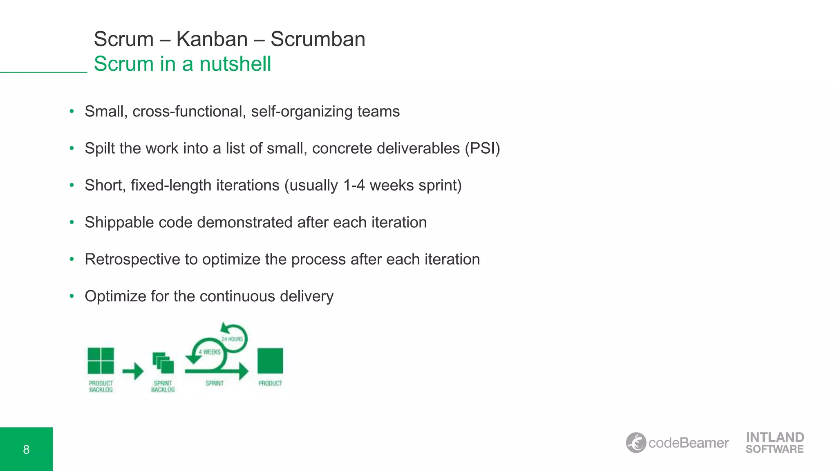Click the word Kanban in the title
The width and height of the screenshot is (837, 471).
[x=212, y=39]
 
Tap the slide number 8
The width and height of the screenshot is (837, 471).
[x=26, y=449]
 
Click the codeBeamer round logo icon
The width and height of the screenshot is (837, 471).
[x=636, y=443]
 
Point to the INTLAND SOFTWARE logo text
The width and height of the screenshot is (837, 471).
[x=774, y=443]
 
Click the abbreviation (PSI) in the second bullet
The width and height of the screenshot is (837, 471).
[x=482, y=148]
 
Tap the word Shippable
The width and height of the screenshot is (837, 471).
[x=119, y=223]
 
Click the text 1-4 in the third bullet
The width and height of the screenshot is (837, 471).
[x=354, y=186]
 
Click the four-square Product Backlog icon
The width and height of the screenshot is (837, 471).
[x=101, y=361]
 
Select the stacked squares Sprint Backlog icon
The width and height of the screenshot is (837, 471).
[x=163, y=363]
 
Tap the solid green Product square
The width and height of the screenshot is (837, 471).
[x=270, y=361]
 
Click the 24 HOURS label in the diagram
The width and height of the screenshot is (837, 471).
[x=232, y=339]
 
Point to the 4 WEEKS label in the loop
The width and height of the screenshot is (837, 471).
[x=210, y=352]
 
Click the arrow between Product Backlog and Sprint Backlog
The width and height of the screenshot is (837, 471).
[x=133, y=371]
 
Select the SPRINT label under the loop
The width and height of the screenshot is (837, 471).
[x=215, y=384]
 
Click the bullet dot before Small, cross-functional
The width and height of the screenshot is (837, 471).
[x=72, y=111]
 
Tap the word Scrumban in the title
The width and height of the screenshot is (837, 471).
[x=318, y=39]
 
